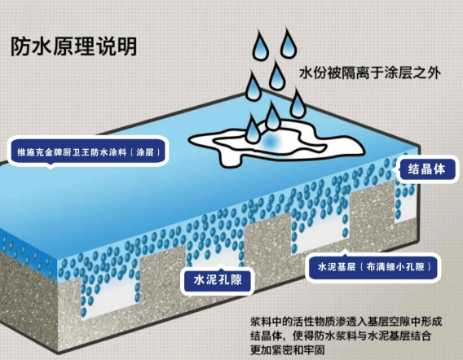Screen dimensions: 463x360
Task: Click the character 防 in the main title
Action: [x=20, y=46]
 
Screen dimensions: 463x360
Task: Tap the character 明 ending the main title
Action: [x=127, y=46]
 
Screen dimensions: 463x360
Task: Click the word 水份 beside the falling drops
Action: [x=313, y=72]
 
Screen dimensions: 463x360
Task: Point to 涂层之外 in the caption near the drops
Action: [x=412, y=72]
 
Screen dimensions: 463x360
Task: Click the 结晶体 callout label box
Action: [x=426, y=169]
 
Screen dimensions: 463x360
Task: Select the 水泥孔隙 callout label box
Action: [x=218, y=279]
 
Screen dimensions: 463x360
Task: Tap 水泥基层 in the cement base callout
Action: [x=337, y=267]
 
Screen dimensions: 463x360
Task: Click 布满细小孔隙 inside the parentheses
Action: [x=395, y=267]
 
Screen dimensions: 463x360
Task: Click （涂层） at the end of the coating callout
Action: [x=145, y=152]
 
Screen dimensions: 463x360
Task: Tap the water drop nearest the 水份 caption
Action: [x=288, y=43]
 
